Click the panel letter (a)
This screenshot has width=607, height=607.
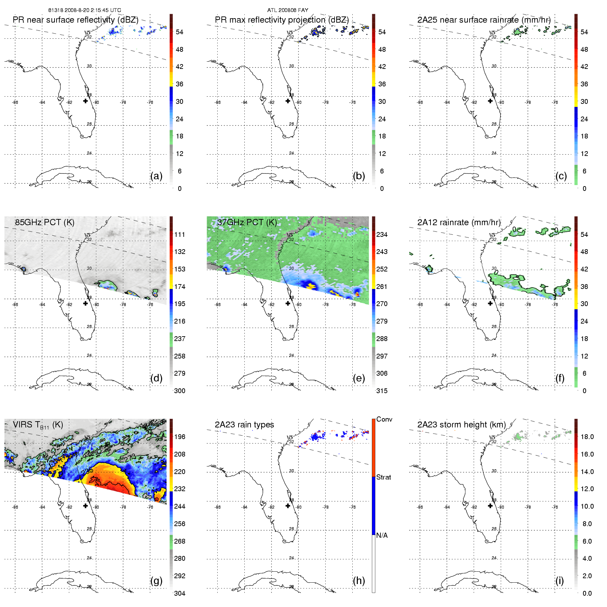point(156,176)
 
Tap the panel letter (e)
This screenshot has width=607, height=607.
point(359,378)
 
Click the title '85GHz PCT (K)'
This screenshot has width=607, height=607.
point(45,222)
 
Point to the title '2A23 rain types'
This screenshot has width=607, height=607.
point(244,425)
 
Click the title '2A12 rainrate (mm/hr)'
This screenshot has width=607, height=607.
point(459,222)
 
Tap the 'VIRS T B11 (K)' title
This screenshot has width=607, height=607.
point(38,425)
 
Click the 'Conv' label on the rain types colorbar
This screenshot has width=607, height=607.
point(384,419)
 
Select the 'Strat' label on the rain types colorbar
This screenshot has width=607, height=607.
point(384,477)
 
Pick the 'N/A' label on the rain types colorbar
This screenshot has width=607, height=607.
point(382,535)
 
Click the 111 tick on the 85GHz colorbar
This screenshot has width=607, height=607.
point(180,234)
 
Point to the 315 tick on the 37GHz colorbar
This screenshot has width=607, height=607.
point(382,391)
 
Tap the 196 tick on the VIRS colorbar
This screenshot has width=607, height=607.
point(180,437)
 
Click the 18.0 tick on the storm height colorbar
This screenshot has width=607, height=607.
point(587,437)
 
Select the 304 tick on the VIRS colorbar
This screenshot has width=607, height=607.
point(180,593)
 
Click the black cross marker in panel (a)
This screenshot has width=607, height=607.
point(85,101)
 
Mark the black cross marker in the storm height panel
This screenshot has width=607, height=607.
point(490,506)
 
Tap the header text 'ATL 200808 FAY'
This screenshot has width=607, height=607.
point(288,10)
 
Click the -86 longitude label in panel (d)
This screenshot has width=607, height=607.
point(15,304)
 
